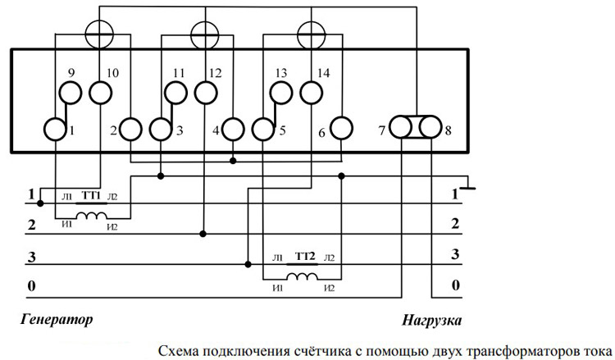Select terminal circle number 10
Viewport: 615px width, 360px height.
click(99, 93)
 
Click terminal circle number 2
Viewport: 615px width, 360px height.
click(132, 129)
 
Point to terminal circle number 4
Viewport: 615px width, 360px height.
click(235, 129)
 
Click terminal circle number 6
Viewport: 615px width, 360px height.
click(341, 129)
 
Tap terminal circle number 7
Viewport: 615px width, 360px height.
click(400, 129)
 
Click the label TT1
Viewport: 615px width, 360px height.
click(93, 197)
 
